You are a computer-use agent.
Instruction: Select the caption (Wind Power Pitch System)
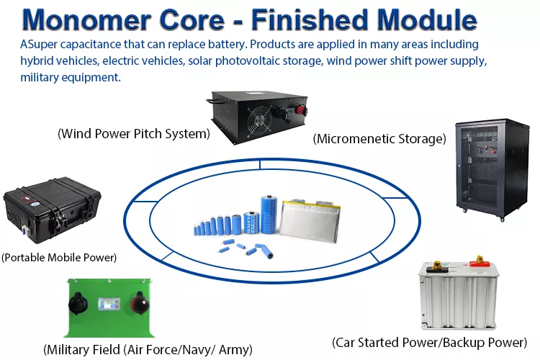point(133,133)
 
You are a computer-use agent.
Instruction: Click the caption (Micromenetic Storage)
point(379,138)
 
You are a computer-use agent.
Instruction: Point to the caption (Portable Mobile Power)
point(59,257)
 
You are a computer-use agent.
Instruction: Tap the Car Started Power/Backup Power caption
point(430,341)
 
